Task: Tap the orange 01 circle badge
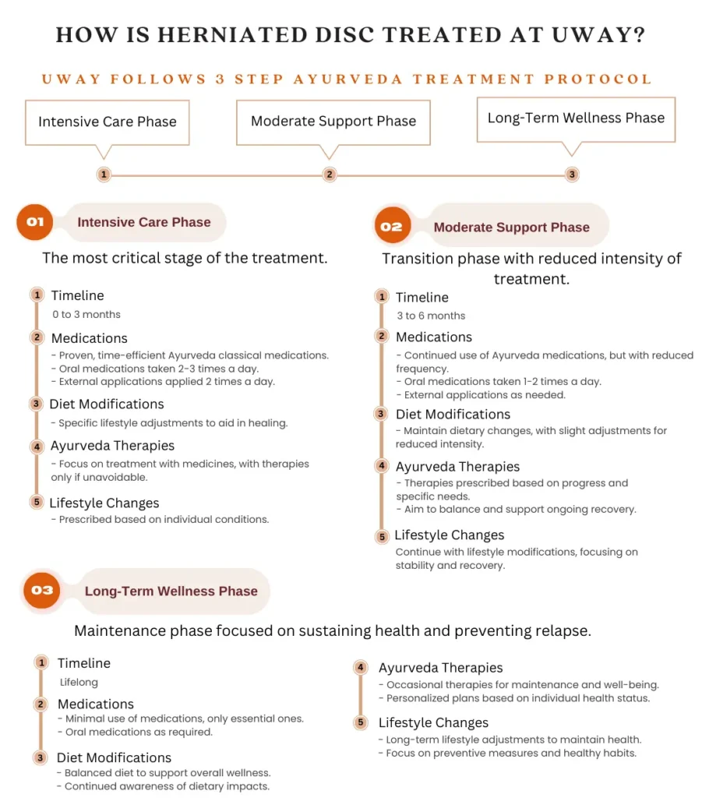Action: [35, 222]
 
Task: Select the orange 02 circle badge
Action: [391, 227]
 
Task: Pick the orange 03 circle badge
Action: [42, 590]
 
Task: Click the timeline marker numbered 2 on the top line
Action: [330, 175]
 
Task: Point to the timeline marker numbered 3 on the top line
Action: [572, 175]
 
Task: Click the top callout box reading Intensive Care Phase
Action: [108, 122]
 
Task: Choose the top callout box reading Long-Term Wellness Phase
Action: [576, 118]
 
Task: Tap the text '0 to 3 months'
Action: [86, 314]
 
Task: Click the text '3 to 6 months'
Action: [430, 316]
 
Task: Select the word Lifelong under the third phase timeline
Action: [79, 682]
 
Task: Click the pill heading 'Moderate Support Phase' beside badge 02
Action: [511, 228]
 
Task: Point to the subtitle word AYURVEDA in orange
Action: [328, 79]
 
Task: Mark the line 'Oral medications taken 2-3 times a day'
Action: [160, 369]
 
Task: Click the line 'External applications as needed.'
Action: [485, 394]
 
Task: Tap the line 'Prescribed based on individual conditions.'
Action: [164, 519]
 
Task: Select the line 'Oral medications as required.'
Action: [136, 732]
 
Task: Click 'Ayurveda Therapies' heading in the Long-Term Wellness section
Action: [441, 668]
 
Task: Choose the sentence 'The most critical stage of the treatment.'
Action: [185, 258]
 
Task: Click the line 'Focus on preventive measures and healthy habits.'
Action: [511, 753]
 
